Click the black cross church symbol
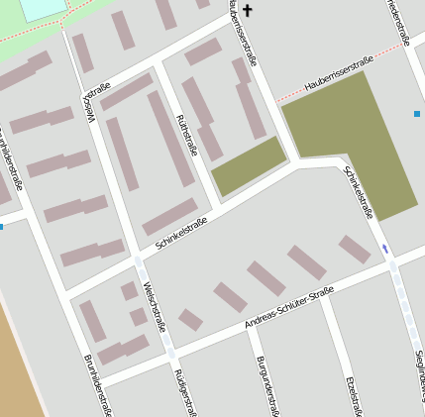pyautogui.click(x=248, y=12)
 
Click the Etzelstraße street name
pyautogui.click(x=351, y=394)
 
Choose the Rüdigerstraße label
pyautogui.click(x=183, y=391)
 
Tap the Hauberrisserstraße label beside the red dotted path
pyautogui.click(x=338, y=76)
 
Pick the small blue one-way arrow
pyautogui.click(x=385, y=248)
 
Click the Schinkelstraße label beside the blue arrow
pyautogui.click(x=358, y=190)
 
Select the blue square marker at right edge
pyautogui.click(x=416, y=114)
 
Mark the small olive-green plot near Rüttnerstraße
pyautogui.click(x=248, y=165)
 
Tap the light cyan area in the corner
pyautogui.click(x=40, y=8)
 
